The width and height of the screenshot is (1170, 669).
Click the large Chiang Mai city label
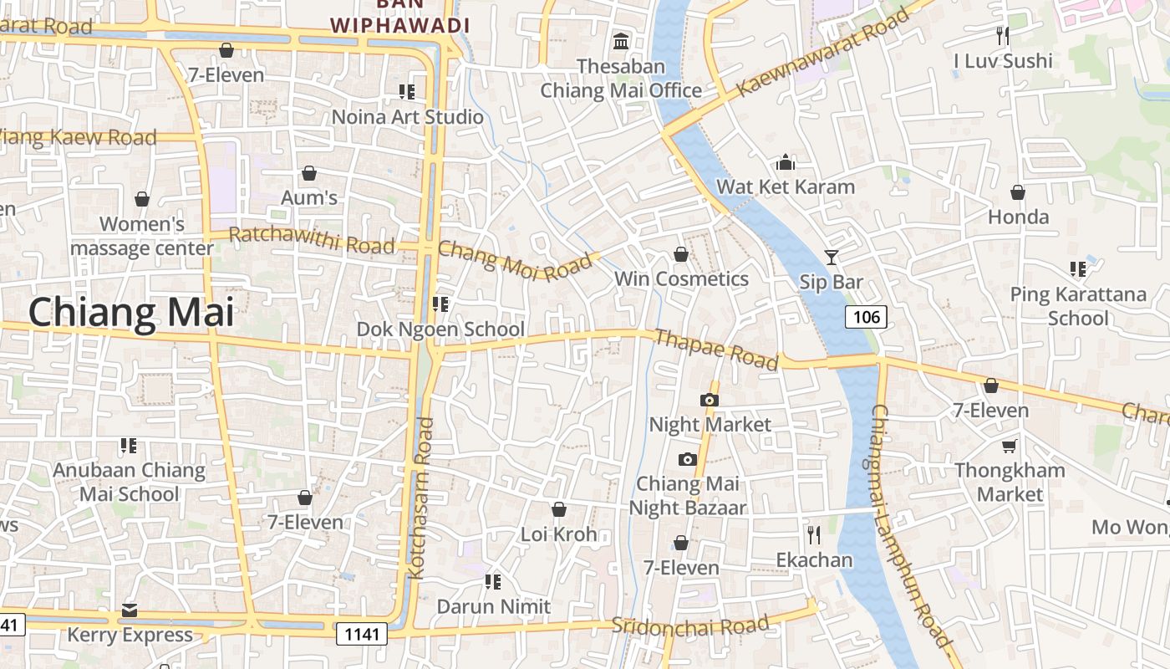(131, 313)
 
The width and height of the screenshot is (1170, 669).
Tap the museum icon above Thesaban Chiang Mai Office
(621, 41)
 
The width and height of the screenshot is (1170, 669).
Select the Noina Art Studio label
(408, 116)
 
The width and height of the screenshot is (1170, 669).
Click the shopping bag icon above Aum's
(309, 173)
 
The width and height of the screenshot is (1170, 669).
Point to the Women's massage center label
(142, 237)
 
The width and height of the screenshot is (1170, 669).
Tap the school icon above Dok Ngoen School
(440, 304)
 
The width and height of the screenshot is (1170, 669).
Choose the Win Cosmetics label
(681, 278)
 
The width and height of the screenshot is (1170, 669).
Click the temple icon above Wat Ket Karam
(786, 161)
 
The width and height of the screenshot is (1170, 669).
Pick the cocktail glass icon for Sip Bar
(831, 258)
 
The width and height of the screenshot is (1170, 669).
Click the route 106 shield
(866, 316)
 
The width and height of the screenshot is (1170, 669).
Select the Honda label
(1018, 217)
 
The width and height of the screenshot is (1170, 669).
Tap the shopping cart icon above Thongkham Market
(1010, 446)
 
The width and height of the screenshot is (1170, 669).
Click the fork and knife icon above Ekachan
(813, 534)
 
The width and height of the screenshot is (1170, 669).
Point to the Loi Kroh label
(559, 534)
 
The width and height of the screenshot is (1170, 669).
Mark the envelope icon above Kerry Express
(130, 610)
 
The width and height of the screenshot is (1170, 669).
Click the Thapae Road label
(716, 349)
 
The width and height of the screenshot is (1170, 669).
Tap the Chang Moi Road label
(514, 260)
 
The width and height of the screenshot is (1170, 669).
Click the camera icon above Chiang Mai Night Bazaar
(687, 459)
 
